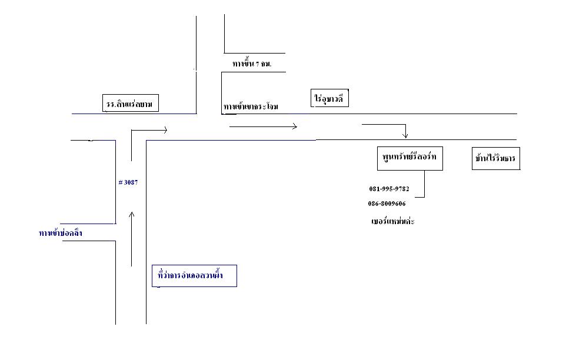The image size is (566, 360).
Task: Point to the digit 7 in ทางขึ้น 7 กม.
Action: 257,63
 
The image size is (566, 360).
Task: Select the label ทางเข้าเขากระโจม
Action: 251,106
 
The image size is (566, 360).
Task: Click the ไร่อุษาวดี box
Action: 330,99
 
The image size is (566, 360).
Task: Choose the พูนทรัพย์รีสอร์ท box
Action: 410,158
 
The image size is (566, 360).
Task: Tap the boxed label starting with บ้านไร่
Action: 497,159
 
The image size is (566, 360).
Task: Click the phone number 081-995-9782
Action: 389,189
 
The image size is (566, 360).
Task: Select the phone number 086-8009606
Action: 387,204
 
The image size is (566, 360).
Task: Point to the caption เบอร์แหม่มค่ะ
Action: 389,222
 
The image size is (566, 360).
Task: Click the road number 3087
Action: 131,182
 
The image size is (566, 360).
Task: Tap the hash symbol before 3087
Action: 120,182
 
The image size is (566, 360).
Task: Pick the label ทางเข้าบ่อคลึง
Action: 60,234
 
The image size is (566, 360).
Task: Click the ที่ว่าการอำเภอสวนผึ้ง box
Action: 194,275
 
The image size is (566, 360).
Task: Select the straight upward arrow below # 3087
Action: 131,238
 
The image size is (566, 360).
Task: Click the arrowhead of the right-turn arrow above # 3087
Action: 165,130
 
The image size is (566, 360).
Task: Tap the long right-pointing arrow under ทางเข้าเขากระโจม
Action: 263,125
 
